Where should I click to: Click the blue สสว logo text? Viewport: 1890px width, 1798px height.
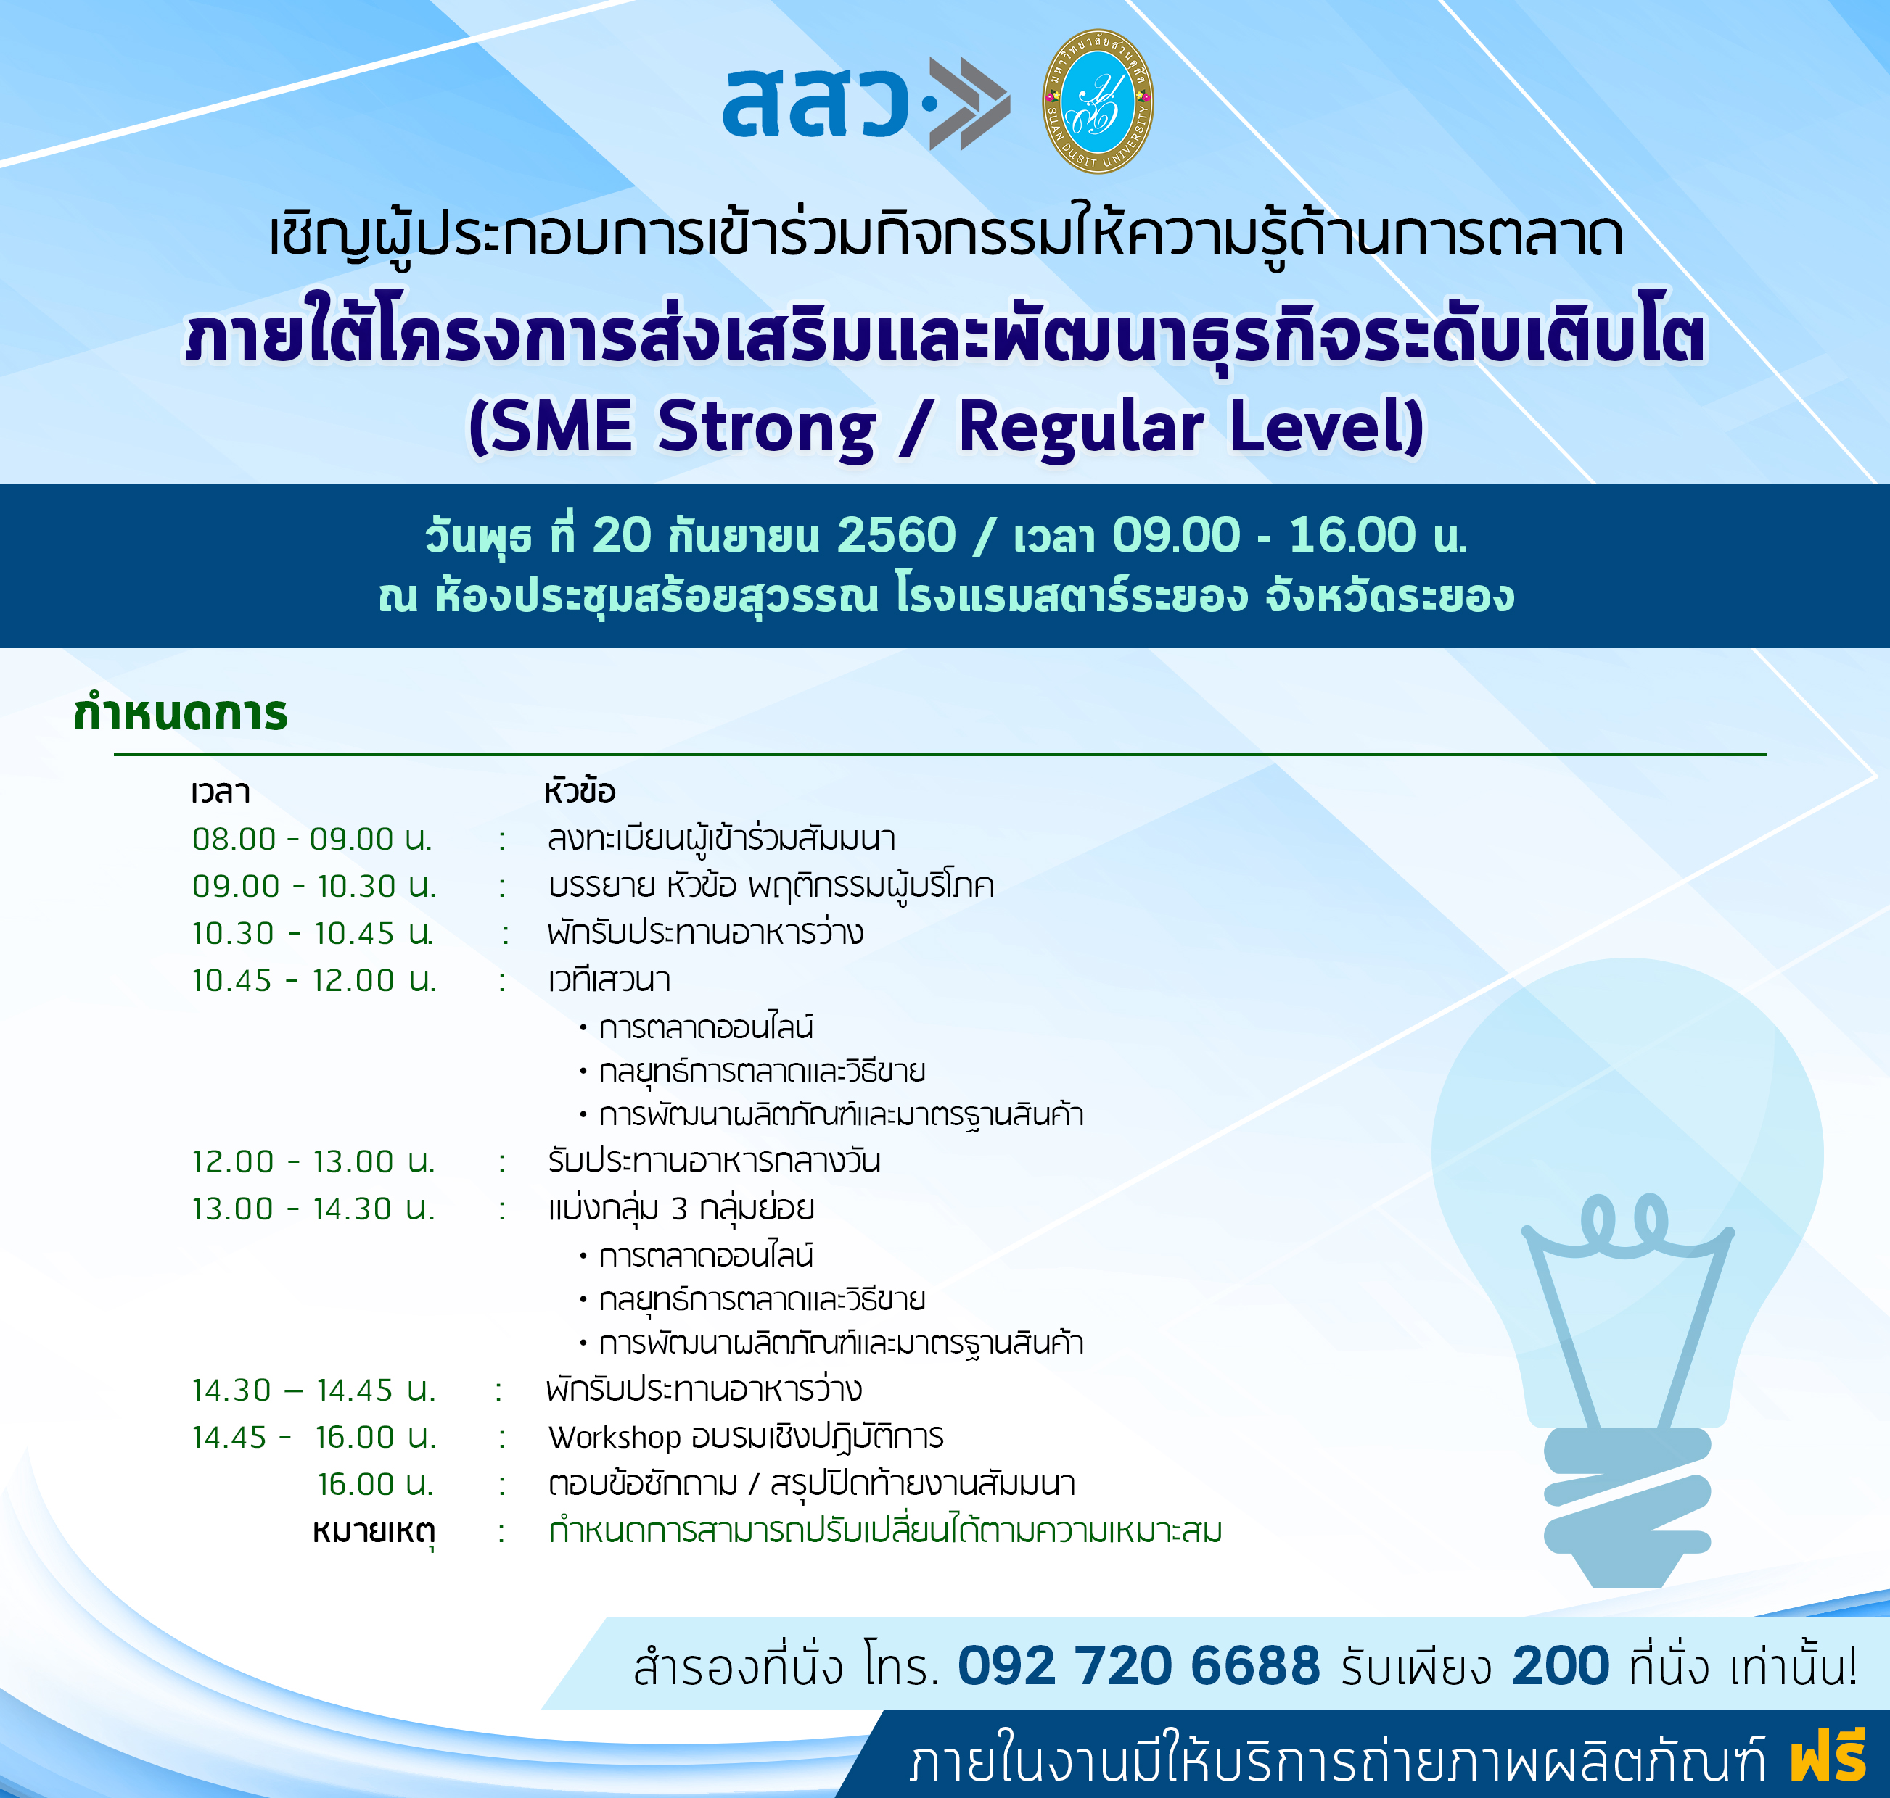pos(815,101)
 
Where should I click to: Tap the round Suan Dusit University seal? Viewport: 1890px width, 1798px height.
pos(1098,101)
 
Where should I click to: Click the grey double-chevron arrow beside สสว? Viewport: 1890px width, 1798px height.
pos(969,104)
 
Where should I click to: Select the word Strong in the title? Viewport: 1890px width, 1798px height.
pos(766,428)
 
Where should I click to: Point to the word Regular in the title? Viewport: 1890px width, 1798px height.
pos(1081,428)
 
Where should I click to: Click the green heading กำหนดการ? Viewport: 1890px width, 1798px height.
pos(180,714)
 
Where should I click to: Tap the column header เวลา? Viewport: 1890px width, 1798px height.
pos(221,792)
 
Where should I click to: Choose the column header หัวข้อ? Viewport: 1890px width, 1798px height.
pos(578,791)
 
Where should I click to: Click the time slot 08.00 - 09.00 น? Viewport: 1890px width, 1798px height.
pos(312,839)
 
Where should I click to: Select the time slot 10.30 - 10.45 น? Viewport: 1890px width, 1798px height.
pos(313,932)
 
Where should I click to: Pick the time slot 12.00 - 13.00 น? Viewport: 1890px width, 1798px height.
pos(313,1161)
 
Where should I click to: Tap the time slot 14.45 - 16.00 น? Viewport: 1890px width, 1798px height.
pos(313,1438)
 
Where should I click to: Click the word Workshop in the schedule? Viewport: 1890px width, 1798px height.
pos(614,1438)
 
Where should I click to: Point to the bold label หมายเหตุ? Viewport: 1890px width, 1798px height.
pos(374,1531)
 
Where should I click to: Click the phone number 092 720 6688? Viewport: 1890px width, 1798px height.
pos(1138,1666)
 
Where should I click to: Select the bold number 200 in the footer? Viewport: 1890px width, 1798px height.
pos(1560,1666)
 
